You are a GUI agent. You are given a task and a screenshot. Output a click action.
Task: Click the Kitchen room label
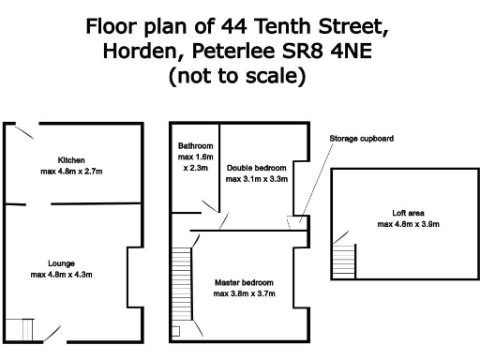[71, 159]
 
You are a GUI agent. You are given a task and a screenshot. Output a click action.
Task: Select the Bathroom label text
[196, 146]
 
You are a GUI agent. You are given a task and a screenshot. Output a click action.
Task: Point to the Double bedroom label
[257, 167]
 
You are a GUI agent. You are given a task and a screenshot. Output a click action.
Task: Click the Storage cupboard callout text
[361, 139]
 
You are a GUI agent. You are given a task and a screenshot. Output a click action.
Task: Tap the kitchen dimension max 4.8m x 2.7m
[71, 172]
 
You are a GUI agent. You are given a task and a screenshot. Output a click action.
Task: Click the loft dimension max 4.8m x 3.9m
[409, 225]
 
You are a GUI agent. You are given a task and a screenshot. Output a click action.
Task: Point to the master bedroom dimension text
[244, 294]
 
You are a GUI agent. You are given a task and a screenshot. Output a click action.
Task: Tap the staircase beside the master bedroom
[181, 281]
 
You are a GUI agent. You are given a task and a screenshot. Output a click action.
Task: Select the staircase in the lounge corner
[20, 328]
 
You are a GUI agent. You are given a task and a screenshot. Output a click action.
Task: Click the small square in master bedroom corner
[176, 331]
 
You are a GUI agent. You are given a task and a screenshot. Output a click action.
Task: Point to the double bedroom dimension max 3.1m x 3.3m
[257, 179]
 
